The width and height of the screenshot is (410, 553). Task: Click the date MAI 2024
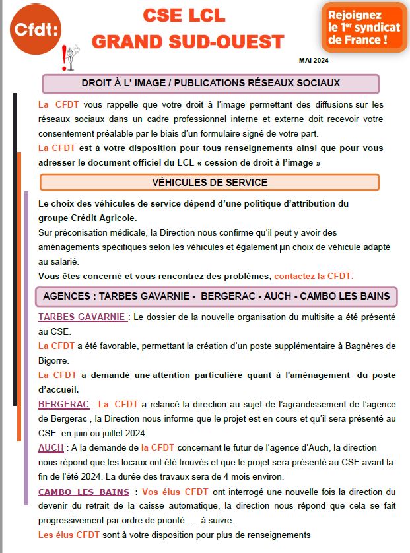(x=314, y=61)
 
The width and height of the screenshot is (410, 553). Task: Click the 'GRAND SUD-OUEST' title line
(x=188, y=41)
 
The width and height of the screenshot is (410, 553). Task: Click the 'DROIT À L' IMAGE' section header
(x=211, y=83)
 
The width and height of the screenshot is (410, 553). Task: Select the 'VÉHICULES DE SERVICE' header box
(x=210, y=182)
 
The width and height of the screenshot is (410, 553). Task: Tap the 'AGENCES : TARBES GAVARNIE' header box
(x=216, y=296)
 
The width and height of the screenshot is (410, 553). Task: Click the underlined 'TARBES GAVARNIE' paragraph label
(x=83, y=317)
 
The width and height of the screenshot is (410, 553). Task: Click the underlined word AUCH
(x=51, y=447)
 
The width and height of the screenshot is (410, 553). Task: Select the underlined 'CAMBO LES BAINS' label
(x=84, y=492)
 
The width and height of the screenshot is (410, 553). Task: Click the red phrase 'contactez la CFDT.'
(x=314, y=275)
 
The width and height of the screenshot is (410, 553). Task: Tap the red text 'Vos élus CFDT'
(x=175, y=492)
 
